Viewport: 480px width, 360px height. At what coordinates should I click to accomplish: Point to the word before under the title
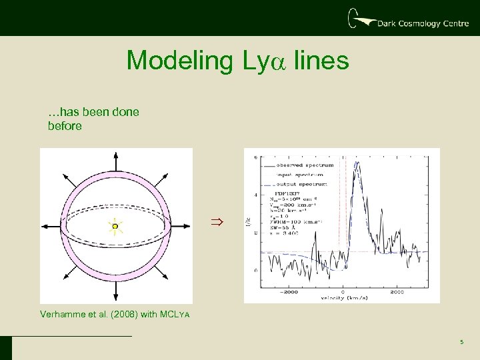click(x=65, y=125)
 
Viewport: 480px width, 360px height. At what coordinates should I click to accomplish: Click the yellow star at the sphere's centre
click(x=115, y=227)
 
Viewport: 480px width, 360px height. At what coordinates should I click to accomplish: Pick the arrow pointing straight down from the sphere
click(x=115, y=293)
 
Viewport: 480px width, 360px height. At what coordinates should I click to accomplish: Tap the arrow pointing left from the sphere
click(x=49, y=227)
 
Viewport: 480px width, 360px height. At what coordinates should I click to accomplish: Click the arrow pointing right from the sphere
click(x=181, y=227)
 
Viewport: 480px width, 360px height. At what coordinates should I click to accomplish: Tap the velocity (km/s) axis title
click(x=341, y=298)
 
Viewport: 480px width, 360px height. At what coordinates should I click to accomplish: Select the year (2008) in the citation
click(x=123, y=313)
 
